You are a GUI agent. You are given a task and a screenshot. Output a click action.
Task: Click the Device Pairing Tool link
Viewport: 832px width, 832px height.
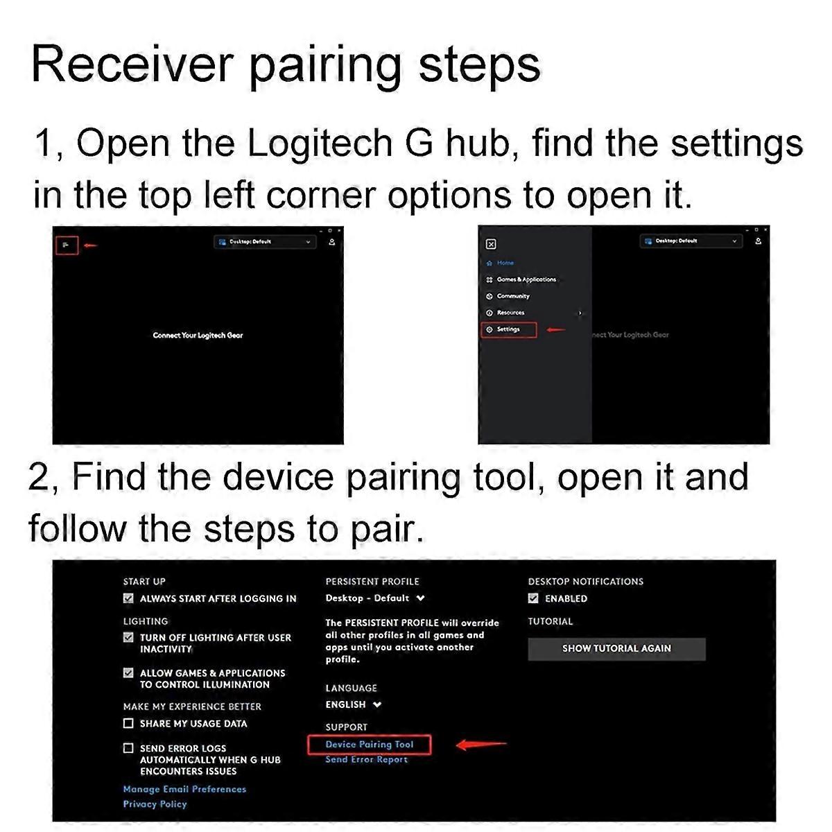tap(369, 745)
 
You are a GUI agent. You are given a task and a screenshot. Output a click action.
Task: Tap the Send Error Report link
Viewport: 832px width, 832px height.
tap(366, 760)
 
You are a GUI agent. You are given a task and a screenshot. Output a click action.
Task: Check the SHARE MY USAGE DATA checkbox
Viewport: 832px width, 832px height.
tap(128, 723)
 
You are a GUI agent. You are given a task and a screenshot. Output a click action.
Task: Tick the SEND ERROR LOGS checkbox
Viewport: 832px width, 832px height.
tap(128, 748)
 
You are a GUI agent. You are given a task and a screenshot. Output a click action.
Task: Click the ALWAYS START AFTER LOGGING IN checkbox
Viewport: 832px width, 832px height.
tap(128, 598)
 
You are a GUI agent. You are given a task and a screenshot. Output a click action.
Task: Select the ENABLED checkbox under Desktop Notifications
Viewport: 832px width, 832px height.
tap(533, 598)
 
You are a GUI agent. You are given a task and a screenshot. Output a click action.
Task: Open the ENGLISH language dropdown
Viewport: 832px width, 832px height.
tap(354, 704)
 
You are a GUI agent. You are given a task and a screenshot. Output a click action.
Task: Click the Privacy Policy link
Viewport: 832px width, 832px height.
tap(155, 804)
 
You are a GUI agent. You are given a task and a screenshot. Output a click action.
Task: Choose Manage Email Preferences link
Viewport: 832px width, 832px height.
tap(184, 789)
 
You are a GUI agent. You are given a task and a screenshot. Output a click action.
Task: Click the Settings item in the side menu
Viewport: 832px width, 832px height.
tap(508, 329)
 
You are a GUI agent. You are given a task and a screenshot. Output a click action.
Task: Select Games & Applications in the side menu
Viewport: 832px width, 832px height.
tap(526, 279)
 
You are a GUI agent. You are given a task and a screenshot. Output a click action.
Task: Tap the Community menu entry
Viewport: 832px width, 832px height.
tap(512, 296)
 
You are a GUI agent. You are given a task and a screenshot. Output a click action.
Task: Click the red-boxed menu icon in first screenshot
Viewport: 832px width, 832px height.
tap(67, 245)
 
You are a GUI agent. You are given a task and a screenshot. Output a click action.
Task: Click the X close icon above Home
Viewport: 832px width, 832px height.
tap(491, 244)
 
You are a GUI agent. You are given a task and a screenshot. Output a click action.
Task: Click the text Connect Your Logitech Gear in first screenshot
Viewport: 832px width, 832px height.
tap(198, 336)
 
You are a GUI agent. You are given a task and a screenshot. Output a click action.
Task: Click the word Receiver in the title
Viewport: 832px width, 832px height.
tap(132, 65)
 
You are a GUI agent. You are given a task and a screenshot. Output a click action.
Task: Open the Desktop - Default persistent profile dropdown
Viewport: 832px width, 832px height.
tap(375, 598)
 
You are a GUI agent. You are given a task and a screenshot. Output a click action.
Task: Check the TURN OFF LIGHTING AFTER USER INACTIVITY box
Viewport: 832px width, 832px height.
tap(128, 637)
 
